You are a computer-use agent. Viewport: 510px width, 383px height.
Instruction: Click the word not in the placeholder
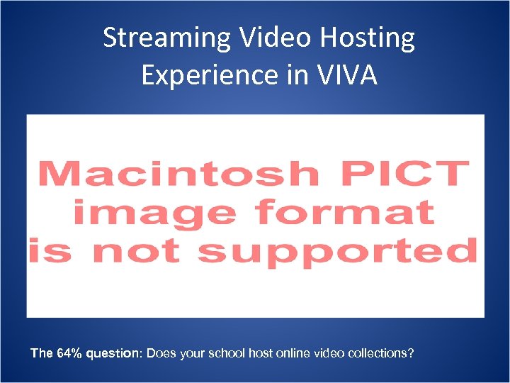pyautogui.click(x=148, y=251)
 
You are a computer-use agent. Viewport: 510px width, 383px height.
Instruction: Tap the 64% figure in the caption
pyautogui.click(x=68, y=353)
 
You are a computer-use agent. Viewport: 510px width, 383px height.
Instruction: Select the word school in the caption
pyautogui.click(x=229, y=353)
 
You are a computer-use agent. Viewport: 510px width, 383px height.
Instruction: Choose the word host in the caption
pyautogui.click(x=262, y=353)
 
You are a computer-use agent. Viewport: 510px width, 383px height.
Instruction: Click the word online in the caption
pyautogui.click(x=295, y=353)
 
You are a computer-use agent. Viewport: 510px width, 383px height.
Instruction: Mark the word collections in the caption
pyautogui.click(x=381, y=353)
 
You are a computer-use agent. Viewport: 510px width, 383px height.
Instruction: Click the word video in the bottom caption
pyautogui.click(x=330, y=353)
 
